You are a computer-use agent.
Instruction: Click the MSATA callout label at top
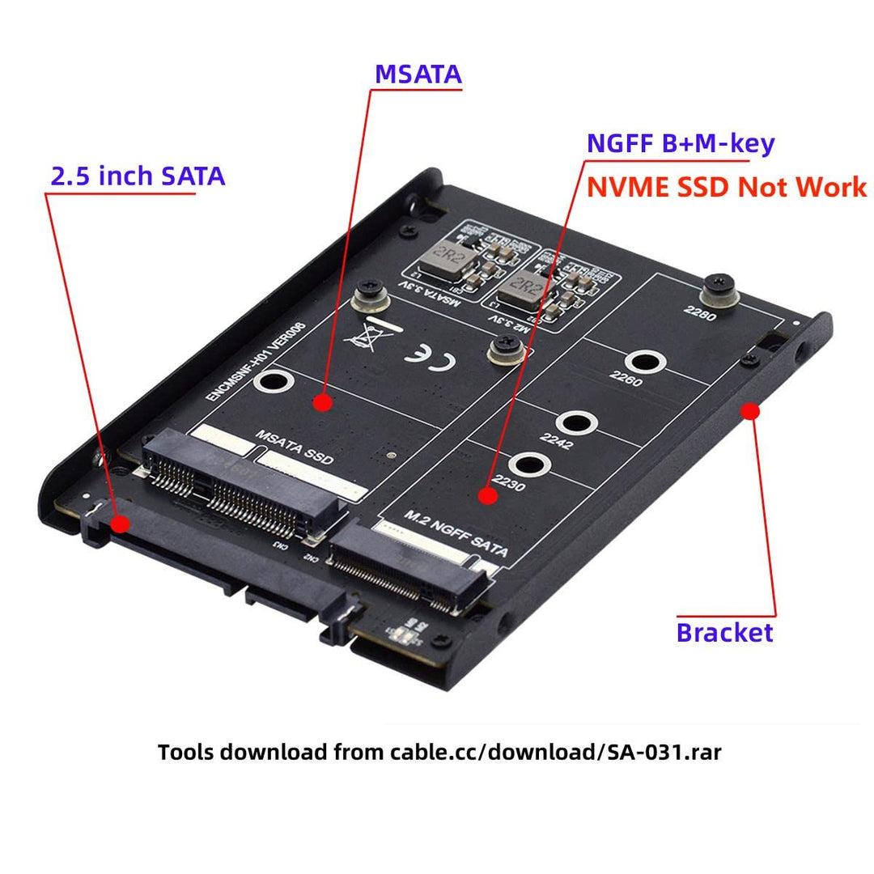(x=418, y=74)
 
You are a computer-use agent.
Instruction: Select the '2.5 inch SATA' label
(x=138, y=176)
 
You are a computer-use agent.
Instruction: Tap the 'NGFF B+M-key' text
(x=681, y=143)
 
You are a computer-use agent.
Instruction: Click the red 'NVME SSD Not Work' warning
(x=726, y=187)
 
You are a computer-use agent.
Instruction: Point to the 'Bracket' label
(x=724, y=632)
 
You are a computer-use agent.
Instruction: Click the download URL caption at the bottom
(x=439, y=752)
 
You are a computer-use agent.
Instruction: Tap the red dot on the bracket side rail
(x=750, y=411)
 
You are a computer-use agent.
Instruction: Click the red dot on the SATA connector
(x=120, y=523)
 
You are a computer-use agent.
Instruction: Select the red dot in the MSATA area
(x=323, y=401)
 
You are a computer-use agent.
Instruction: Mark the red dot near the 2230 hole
(x=486, y=494)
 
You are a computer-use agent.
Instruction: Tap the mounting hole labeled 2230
(x=530, y=465)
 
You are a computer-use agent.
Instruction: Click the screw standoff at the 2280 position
(x=717, y=287)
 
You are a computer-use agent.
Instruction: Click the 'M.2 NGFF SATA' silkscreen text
(x=456, y=534)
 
